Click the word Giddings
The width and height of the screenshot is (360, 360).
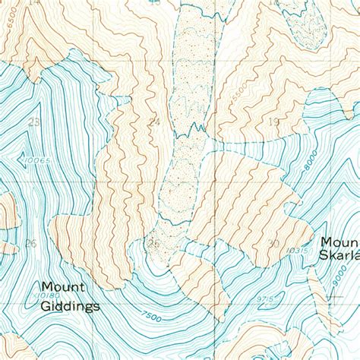coord(71,307)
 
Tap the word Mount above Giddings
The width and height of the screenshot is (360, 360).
coord(63,288)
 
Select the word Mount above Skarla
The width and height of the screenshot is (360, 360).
coord(339,242)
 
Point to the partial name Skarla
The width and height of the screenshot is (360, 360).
coord(339,257)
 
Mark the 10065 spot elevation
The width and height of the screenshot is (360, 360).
coord(37,161)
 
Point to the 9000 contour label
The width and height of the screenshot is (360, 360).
coord(336,283)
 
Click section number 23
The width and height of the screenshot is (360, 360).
coord(33,122)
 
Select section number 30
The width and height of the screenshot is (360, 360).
coord(275,243)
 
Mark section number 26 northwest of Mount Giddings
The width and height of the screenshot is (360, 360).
coord(30,243)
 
